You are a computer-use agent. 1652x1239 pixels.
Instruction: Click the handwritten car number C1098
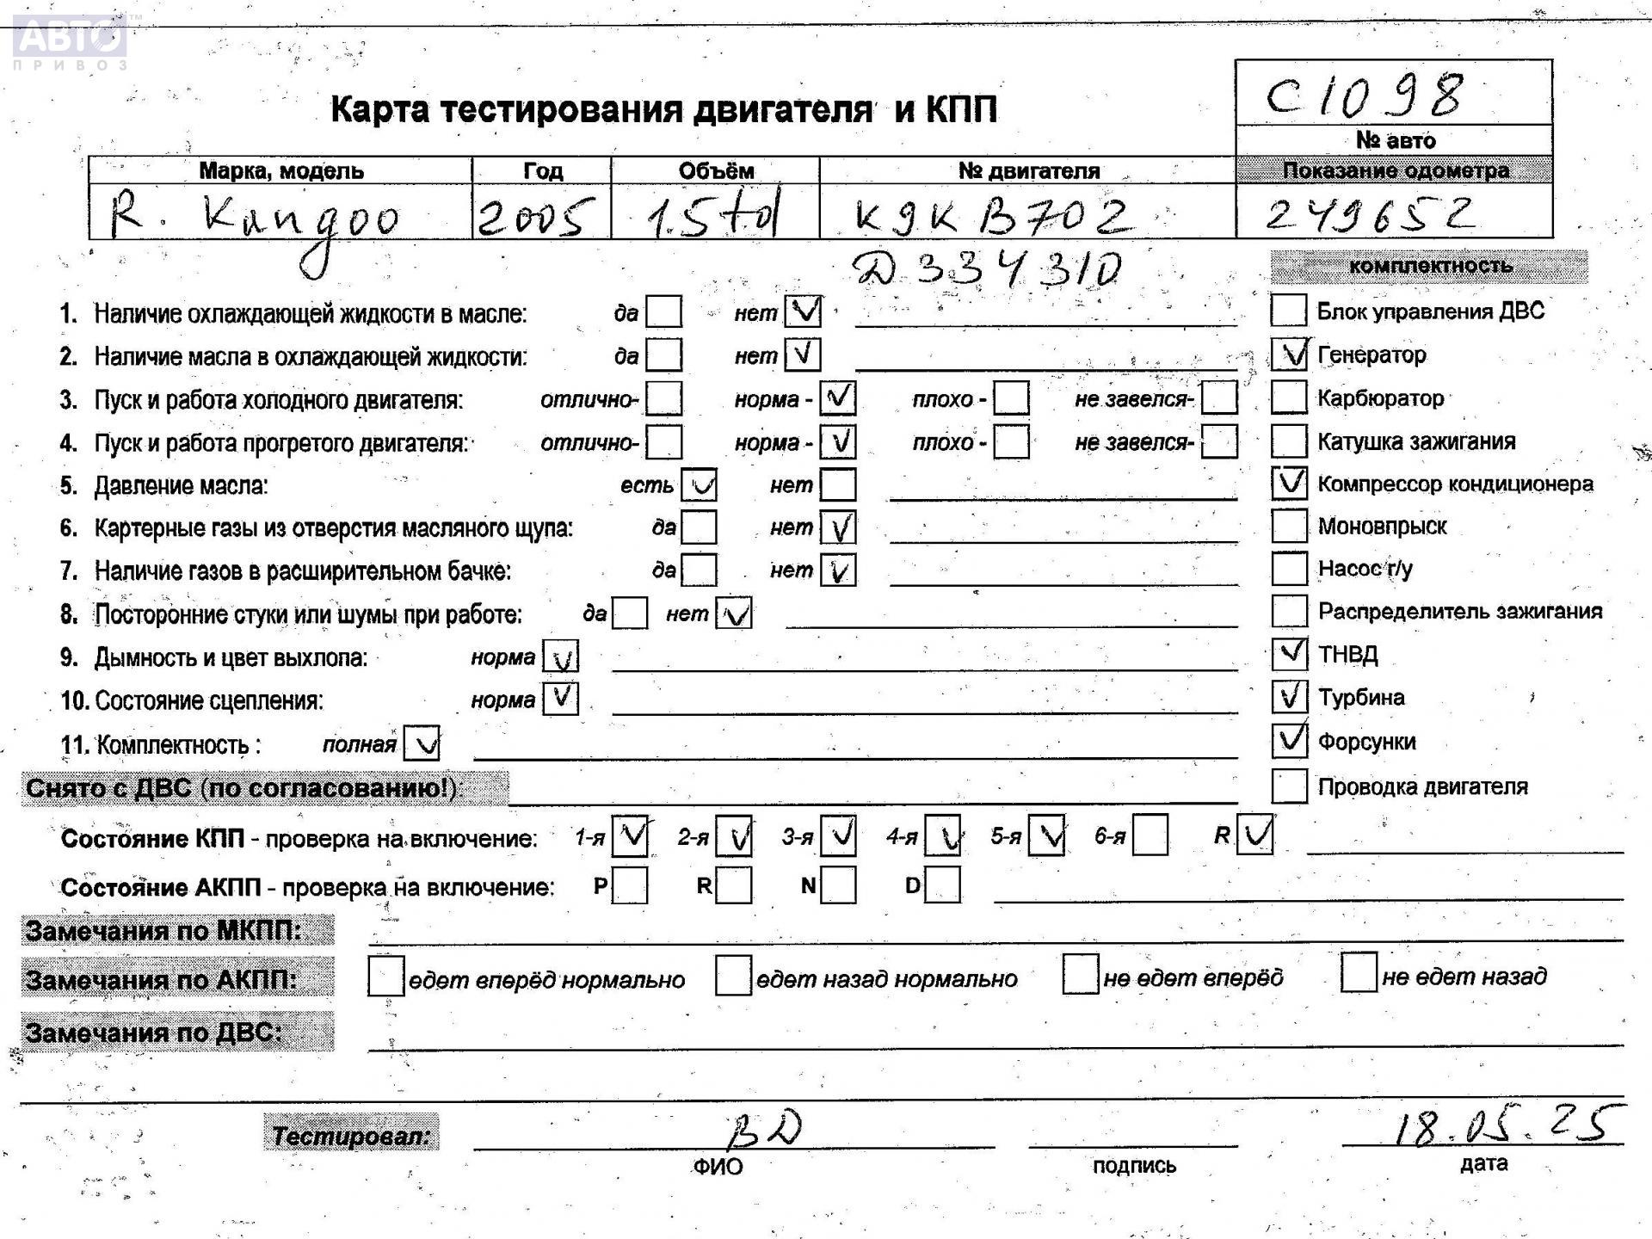pos(1364,96)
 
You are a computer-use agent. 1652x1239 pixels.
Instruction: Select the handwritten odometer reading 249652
pos(1371,215)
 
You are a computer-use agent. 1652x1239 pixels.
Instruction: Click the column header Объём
pos(716,170)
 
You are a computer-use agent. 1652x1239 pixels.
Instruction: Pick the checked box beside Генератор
pos(1289,354)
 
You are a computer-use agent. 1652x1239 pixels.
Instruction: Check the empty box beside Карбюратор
pos(1289,398)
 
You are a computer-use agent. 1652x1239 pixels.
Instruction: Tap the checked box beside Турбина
pos(1289,696)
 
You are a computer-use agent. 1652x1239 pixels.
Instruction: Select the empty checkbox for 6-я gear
pos(1150,835)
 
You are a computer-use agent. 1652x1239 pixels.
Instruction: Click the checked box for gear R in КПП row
pos(1254,835)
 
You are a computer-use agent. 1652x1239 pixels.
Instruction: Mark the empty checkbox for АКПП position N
pos(838,885)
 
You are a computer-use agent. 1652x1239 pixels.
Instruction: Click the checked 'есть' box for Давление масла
pos(699,485)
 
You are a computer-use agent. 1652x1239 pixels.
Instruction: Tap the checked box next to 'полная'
pos(422,744)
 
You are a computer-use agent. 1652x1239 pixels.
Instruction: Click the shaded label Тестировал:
pos(351,1136)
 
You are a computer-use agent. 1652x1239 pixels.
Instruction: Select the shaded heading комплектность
pos(1429,266)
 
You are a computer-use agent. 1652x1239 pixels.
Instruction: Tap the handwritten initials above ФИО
pos(765,1129)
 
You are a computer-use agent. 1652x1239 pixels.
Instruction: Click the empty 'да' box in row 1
pos(663,312)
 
